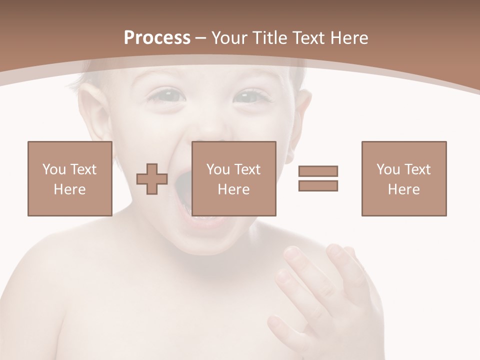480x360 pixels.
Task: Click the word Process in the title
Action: tap(157, 38)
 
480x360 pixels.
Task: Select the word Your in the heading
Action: tap(230, 38)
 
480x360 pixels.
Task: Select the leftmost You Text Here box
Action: tap(70, 178)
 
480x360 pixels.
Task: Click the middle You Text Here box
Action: tap(234, 178)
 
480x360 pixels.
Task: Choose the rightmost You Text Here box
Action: tap(404, 178)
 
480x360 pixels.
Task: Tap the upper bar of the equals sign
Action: tap(318, 171)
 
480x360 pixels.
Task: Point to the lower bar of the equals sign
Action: tap(318, 185)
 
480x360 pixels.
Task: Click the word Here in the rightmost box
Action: tap(404, 189)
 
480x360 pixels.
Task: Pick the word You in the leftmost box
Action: tap(53, 169)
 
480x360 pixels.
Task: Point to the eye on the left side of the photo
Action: tap(165, 95)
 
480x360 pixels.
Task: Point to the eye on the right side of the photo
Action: tap(252, 95)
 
